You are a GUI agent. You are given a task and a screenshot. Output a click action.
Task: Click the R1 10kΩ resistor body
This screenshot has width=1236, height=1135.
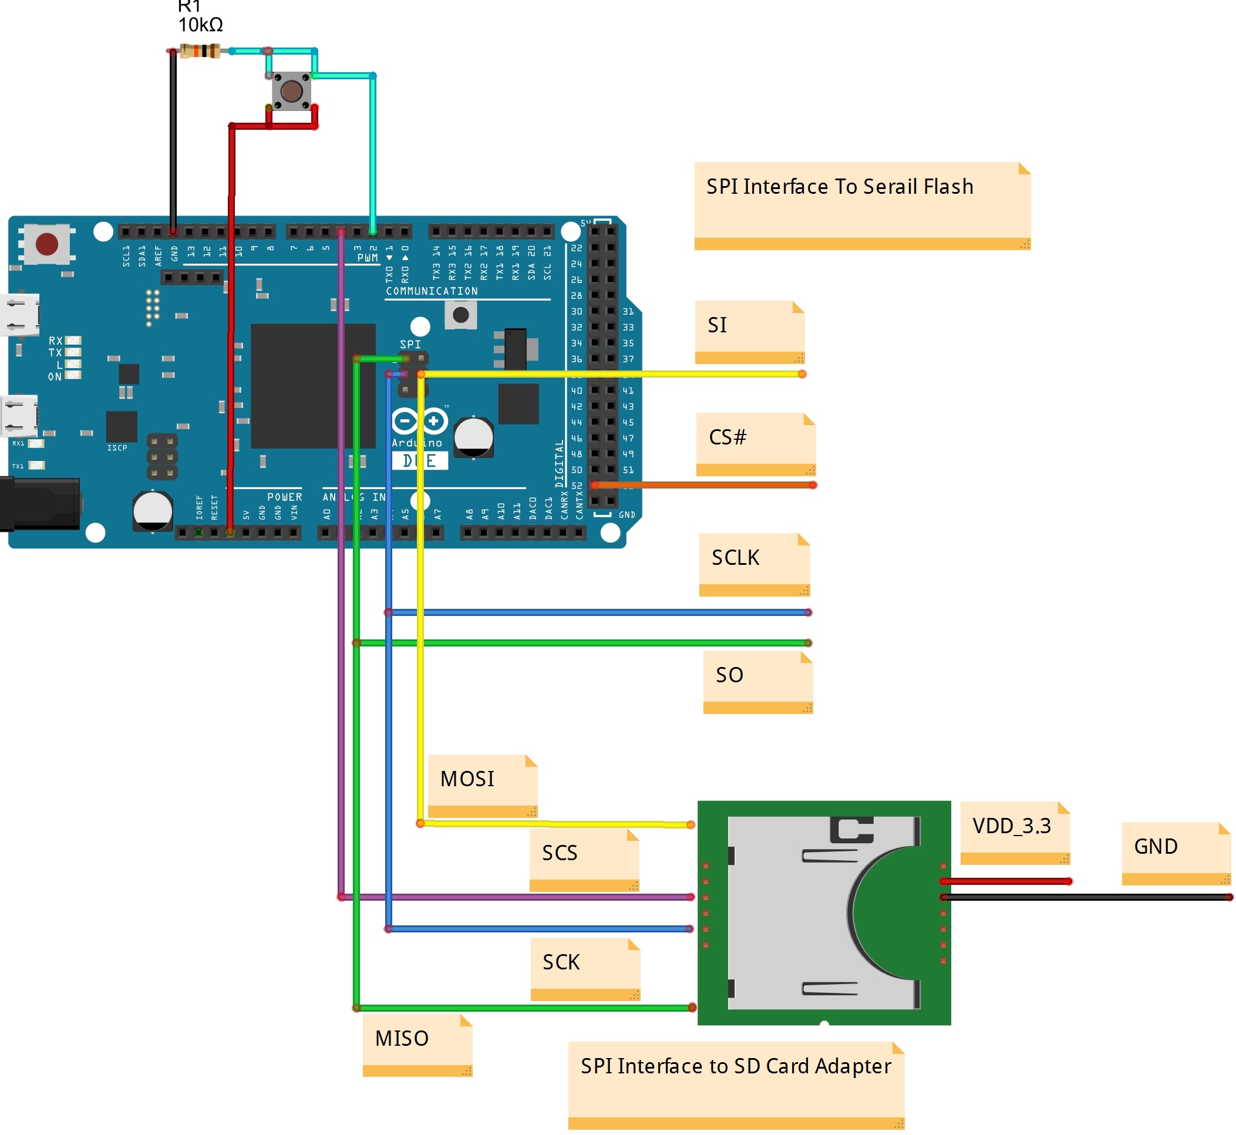pyautogui.click(x=200, y=51)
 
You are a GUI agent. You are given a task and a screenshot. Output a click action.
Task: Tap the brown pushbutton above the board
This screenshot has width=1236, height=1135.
pyautogui.click(x=291, y=92)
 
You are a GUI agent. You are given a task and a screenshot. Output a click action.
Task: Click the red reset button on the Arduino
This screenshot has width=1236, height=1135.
pyautogui.click(x=47, y=244)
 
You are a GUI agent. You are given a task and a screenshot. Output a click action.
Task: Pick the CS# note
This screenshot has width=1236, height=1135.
pyautogui.click(x=756, y=444)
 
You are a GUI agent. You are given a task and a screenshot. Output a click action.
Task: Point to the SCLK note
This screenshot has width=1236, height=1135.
pyautogui.click(x=755, y=564)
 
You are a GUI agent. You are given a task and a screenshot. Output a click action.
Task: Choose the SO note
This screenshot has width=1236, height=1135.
pyautogui.click(x=758, y=682)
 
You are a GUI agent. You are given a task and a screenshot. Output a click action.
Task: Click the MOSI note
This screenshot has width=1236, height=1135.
pyautogui.click(x=483, y=786)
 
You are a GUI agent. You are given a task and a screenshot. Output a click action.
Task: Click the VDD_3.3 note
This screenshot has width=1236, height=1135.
pyautogui.click(x=1015, y=833)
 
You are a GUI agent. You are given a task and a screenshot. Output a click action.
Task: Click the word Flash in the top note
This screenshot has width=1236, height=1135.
pyautogui.click(x=948, y=187)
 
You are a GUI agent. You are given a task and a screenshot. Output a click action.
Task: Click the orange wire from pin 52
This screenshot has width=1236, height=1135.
pyautogui.click(x=706, y=485)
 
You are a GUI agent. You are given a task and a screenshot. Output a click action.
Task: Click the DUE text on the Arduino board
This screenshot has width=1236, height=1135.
pyautogui.click(x=420, y=460)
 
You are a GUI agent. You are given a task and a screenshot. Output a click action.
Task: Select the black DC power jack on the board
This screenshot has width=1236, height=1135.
pyautogui.click(x=40, y=504)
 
